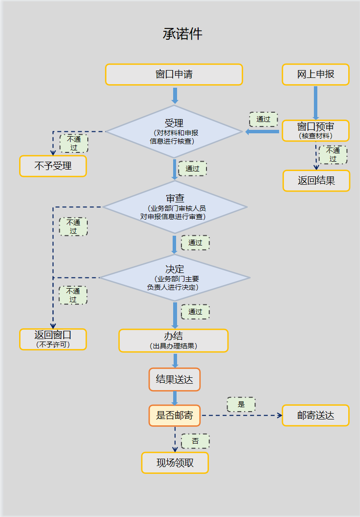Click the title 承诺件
[x=182, y=34]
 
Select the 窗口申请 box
[x=174, y=74]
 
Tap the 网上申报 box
[x=315, y=74]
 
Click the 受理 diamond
[x=174, y=131]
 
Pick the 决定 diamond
[x=175, y=277]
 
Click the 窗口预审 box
[x=315, y=131]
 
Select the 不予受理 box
[x=53, y=166]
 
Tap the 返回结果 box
[x=316, y=181]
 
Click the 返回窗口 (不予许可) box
[x=53, y=339]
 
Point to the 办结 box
[x=174, y=341]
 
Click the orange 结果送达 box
[x=175, y=379]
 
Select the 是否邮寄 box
[x=175, y=416]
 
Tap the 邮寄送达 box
[x=315, y=416]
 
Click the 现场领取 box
[x=175, y=463]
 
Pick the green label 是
[x=241, y=404]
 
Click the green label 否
[x=195, y=441]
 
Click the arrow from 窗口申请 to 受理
[x=175, y=96]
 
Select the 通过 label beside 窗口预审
[x=263, y=119]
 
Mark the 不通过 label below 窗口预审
[x=333, y=155]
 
